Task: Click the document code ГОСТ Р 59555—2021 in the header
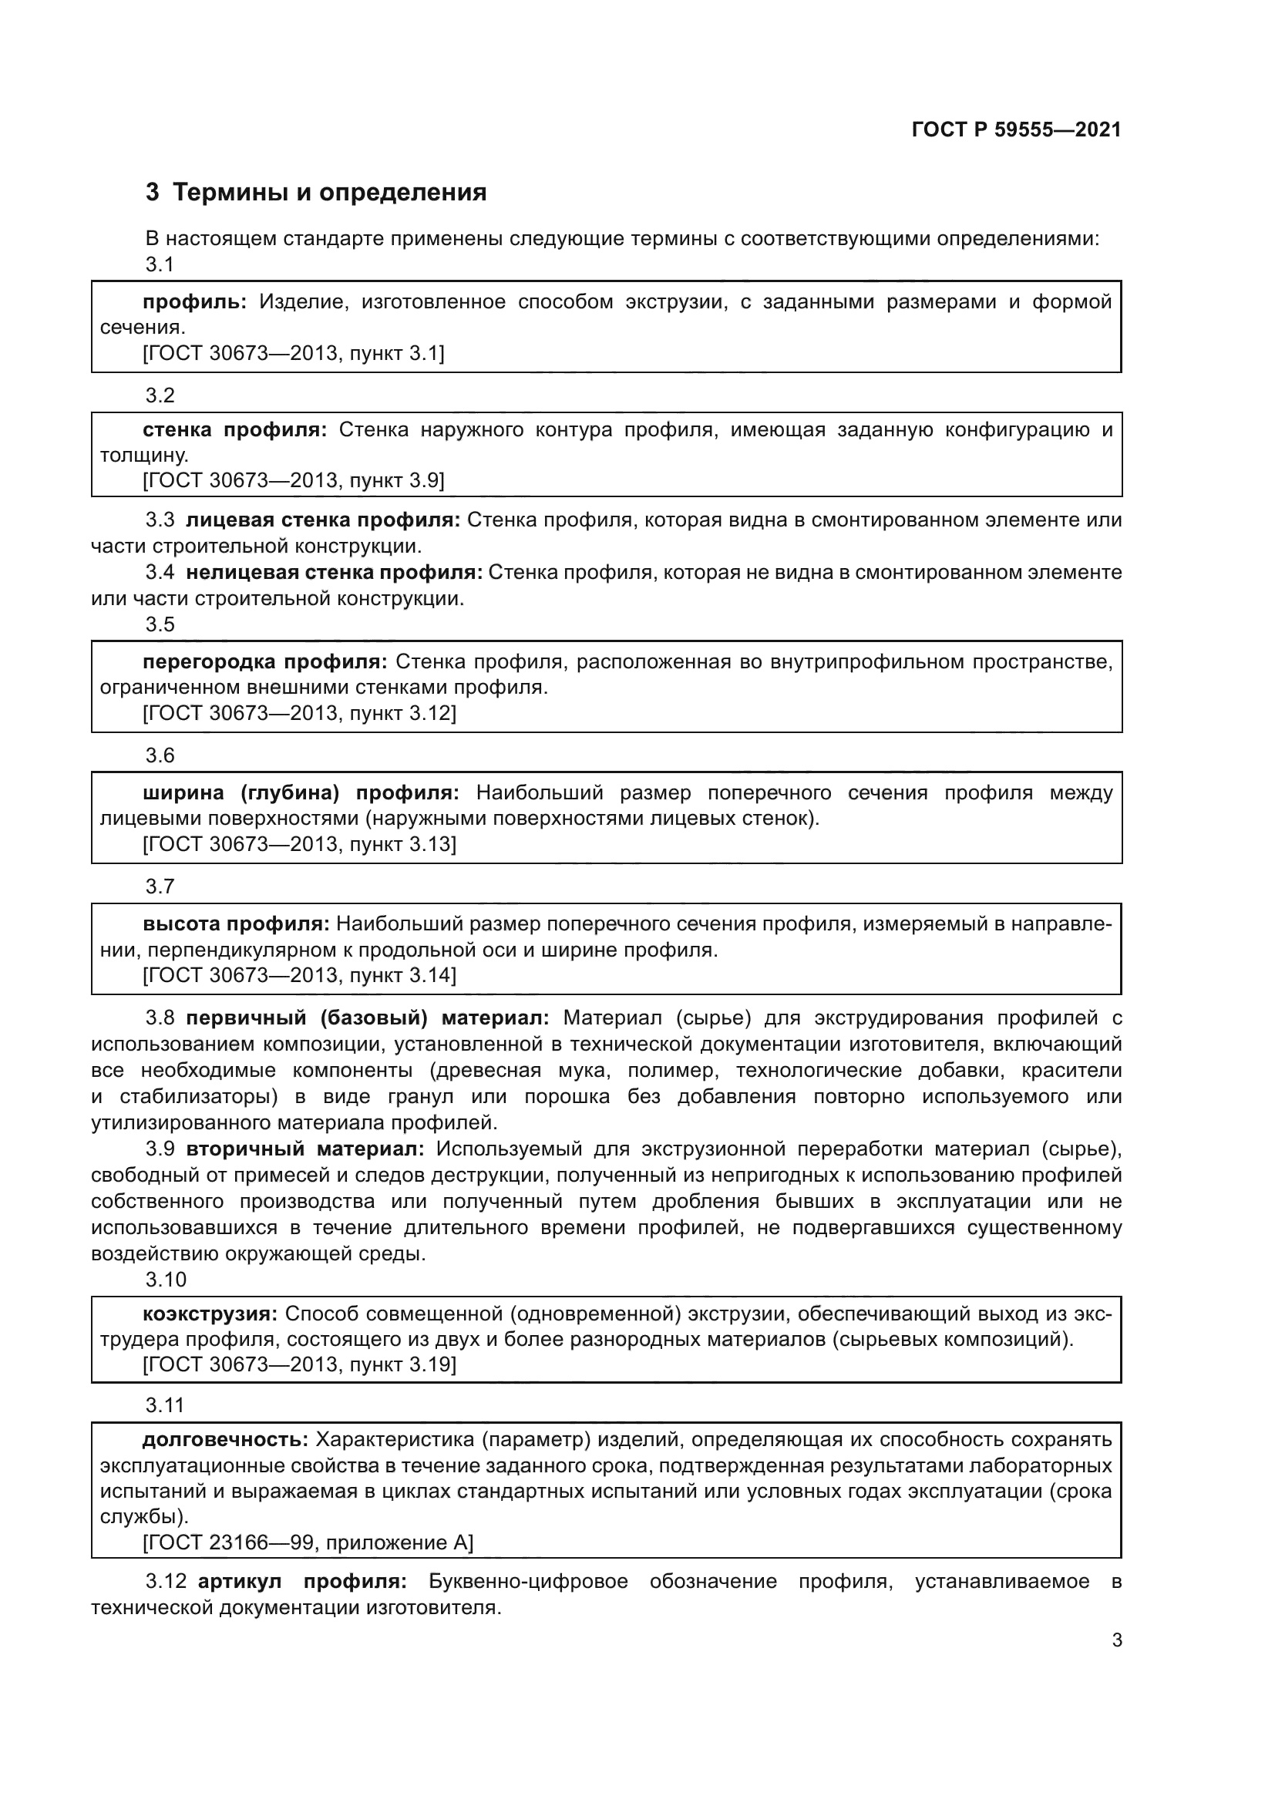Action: pyautogui.click(x=1016, y=130)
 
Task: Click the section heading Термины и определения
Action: pyautogui.click(x=329, y=193)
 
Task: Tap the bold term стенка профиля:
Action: pyautogui.click(x=235, y=429)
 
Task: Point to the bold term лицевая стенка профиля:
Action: pyautogui.click(x=323, y=520)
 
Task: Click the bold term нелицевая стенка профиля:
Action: pyautogui.click(x=334, y=573)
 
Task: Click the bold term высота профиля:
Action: pyautogui.click(x=237, y=924)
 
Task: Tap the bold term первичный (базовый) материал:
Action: pyautogui.click(x=368, y=1018)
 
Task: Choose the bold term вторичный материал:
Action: pyautogui.click(x=304, y=1149)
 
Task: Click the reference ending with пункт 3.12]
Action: pyautogui.click(x=299, y=713)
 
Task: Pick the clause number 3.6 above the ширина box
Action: pyautogui.click(x=160, y=755)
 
